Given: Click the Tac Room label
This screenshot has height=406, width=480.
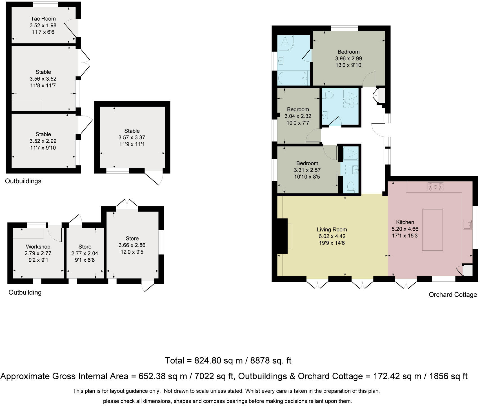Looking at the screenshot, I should coord(43,19).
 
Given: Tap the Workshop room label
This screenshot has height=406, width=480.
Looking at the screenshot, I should coord(38,247).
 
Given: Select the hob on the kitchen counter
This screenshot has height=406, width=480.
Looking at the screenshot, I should coord(435,186).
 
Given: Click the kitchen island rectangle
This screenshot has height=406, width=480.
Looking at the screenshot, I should coord(432,230).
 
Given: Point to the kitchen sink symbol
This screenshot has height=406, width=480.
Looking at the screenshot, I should coord(468,225).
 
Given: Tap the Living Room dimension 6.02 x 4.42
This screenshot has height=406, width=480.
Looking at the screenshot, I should coord(332,236).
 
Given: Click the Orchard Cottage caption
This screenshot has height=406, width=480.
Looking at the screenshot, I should coord(453,295).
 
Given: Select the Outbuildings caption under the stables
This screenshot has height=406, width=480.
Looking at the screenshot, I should coord(23,181).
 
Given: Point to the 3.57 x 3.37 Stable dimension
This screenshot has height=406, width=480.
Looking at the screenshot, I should coord(132,138).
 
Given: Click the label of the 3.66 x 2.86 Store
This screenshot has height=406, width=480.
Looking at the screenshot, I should coord(132,239).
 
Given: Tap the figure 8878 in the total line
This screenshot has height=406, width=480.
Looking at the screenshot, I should coord(261,360).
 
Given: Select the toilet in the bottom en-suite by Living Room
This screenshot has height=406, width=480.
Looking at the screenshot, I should coord(351,187).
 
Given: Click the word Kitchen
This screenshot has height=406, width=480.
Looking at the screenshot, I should coord(405,222).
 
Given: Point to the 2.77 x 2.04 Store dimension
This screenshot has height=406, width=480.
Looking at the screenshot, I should coord(85,253).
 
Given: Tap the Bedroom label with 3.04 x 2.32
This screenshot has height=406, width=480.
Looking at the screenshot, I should coord(298,109).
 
